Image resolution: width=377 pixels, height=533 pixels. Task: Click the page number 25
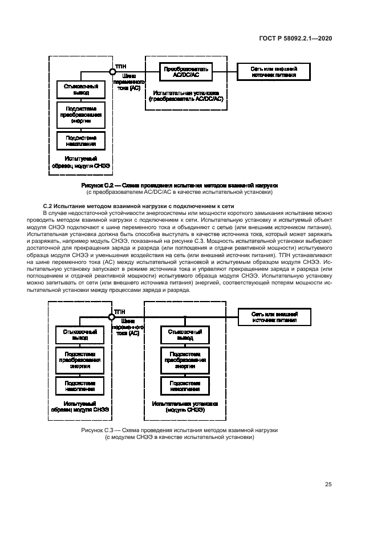328,485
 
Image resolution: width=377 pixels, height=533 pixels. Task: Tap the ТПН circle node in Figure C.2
113,71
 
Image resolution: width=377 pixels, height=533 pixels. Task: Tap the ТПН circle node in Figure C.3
112,316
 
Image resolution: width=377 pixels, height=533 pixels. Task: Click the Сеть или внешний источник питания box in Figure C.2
274,71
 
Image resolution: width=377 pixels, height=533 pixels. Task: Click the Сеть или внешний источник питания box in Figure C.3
274,316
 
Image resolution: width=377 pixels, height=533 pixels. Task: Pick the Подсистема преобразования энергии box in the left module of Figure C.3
80,360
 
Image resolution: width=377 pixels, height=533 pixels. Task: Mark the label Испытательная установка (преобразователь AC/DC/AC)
186,95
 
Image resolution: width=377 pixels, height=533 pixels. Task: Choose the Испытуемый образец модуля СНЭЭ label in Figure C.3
80,406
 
